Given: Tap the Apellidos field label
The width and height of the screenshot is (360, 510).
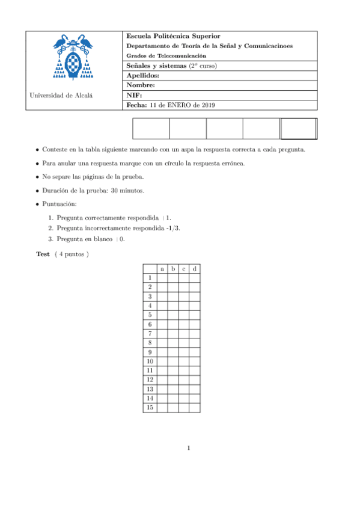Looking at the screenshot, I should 142,76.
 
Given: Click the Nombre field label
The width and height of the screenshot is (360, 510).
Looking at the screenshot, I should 141,85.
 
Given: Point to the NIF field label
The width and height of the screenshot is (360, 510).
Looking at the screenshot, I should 133,95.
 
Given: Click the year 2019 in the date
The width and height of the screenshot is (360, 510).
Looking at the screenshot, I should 205,105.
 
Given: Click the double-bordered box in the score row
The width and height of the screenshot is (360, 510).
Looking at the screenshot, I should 299,129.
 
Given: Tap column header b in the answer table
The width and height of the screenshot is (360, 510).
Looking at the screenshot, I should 172,268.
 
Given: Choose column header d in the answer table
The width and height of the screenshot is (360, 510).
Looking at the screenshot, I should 194,268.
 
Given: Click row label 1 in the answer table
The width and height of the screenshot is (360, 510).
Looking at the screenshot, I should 149,278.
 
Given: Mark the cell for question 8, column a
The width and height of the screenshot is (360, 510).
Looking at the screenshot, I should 162,342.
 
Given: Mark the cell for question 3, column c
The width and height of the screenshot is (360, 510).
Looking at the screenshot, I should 183,296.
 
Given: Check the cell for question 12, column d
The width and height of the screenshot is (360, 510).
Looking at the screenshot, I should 194,379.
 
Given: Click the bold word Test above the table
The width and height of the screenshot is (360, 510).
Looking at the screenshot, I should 43,254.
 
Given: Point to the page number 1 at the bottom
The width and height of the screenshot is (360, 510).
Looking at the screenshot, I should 188,447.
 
